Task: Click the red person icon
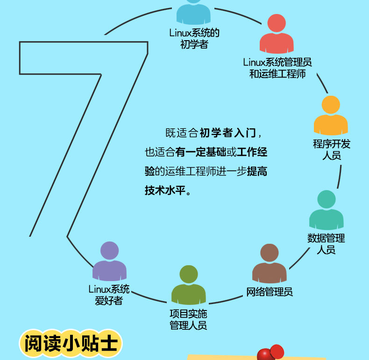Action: (x=277, y=34)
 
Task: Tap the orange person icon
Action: (x=331, y=115)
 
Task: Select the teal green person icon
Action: (x=326, y=210)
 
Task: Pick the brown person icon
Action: (x=270, y=263)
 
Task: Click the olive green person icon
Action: (x=189, y=285)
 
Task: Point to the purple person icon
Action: (x=109, y=261)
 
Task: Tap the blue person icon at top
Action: (x=193, y=12)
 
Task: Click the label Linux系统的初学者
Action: (x=194, y=38)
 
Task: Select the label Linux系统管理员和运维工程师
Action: (x=277, y=68)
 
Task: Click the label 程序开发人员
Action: (x=332, y=149)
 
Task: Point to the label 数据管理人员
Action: (x=326, y=244)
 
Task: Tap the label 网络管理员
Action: (x=270, y=292)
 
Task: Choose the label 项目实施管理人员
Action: (x=188, y=319)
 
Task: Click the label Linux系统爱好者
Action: (x=109, y=295)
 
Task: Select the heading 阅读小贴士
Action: (x=71, y=344)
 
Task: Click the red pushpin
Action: (x=270, y=352)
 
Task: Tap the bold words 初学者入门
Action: (x=227, y=133)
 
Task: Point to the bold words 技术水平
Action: (x=165, y=191)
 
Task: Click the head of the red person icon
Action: (x=277, y=23)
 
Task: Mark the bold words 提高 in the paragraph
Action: (x=257, y=171)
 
